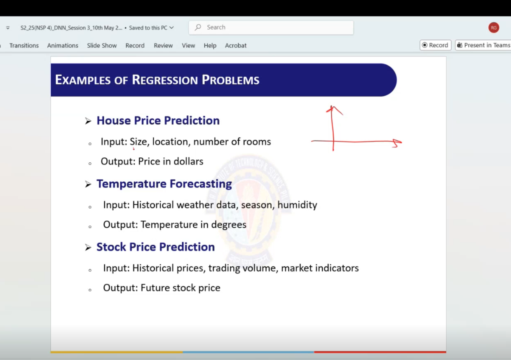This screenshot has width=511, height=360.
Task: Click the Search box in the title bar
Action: pos(271,28)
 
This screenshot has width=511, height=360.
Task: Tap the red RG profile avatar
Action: pos(494,28)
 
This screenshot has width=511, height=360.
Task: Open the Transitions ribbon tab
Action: pos(24,45)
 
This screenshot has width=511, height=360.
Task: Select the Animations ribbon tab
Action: pos(63,45)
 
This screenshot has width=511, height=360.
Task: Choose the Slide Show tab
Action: pos(102,45)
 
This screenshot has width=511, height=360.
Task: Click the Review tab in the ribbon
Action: pos(163,45)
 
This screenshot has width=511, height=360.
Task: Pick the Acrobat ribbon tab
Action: pos(236,45)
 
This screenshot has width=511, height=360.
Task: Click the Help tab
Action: pos(210,45)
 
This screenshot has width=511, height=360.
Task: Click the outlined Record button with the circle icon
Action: pos(435,45)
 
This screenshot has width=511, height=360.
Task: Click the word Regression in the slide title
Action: pos(165,80)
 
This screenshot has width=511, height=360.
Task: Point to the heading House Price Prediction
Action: pos(158,120)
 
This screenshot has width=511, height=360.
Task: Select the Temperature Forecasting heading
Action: pos(164,184)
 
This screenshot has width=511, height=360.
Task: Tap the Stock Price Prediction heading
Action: pos(156,247)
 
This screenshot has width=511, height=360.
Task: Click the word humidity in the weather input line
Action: pos(297,205)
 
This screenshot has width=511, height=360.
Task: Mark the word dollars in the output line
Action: pos(188,161)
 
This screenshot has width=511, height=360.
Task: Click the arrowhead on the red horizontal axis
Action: pos(397,143)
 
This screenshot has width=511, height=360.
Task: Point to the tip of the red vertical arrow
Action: pos(332,106)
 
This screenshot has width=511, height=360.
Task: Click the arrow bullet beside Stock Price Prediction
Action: pos(88,248)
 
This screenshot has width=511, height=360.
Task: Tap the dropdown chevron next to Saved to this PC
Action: pos(172,28)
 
